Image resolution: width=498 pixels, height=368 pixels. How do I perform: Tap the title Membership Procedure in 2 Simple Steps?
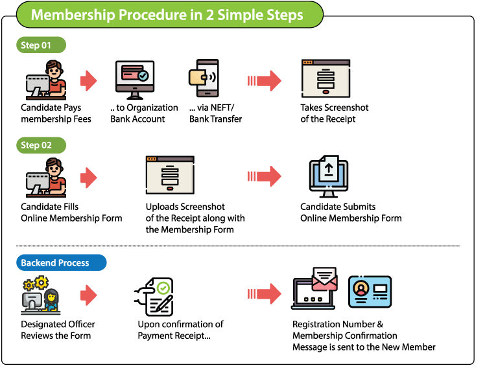pyautogui.click(x=167, y=14)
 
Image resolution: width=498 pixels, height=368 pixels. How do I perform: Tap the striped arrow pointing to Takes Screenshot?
pyautogui.click(x=264, y=81)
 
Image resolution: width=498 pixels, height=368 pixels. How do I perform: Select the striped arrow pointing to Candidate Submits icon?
pyautogui.click(x=264, y=176)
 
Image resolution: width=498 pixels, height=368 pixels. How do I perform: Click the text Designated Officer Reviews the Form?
pyautogui.click(x=58, y=330)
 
